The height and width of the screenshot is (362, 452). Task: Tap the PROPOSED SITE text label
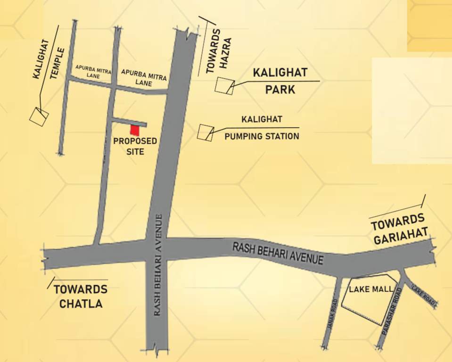tap(135, 146)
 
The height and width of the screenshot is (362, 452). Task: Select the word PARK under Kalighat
tap(280, 89)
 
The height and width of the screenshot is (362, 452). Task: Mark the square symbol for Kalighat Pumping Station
tap(205, 132)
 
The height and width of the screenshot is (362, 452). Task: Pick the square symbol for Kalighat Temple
tap(39, 115)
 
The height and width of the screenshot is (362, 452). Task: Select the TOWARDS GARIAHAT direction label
tap(400, 228)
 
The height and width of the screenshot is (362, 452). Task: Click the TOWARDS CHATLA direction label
tap(81, 296)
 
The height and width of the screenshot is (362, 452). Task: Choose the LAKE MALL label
tap(370, 288)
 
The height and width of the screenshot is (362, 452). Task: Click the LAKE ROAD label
tap(423, 295)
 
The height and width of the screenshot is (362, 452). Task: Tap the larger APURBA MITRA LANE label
tap(144, 77)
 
